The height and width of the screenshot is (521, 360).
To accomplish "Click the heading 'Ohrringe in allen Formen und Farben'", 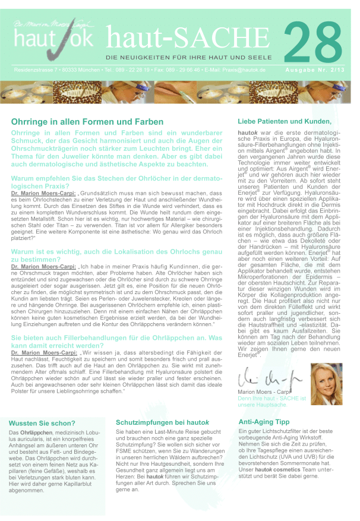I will (x=87, y=121).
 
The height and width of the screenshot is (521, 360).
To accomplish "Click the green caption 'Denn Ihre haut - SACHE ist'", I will (x=279, y=399).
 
